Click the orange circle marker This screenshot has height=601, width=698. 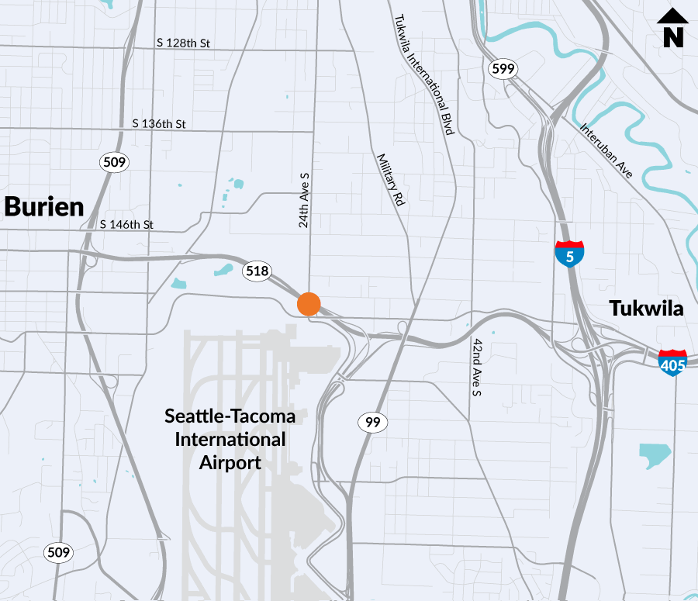[309, 304]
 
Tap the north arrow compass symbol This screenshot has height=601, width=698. [672, 28]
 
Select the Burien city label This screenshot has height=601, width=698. [44, 207]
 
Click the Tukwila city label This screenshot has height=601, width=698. [646, 309]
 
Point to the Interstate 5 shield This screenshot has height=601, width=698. [569, 254]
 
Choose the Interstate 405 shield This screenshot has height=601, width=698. [672, 363]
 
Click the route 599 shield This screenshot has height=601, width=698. [503, 69]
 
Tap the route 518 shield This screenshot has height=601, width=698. [257, 271]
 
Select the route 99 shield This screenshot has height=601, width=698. [372, 422]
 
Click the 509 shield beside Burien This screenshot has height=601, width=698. [113, 162]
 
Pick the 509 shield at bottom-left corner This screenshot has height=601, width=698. [58, 553]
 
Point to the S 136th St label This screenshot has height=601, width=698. [159, 123]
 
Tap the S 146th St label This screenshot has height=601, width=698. [127, 225]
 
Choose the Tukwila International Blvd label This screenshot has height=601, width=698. [423, 76]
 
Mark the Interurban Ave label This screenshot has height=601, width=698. [606, 150]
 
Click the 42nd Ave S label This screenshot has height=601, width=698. [478, 367]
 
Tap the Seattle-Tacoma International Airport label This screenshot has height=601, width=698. [230, 439]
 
